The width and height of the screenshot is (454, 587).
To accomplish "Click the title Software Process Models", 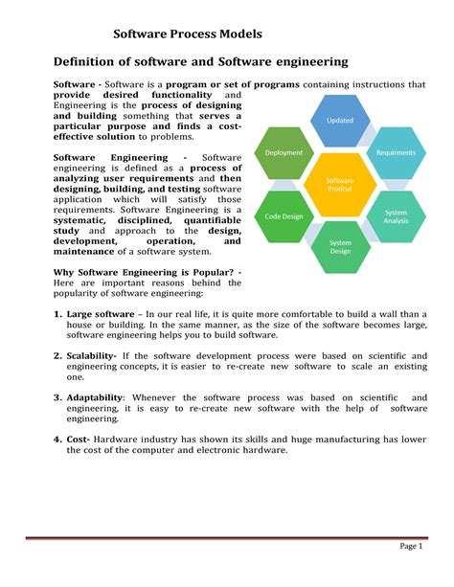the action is [x=188, y=34].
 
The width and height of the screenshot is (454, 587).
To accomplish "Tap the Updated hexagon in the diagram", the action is [x=340, y=121].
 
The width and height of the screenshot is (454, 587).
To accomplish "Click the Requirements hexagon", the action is [x=396, y=152].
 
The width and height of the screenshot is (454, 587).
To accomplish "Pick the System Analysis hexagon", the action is [x=396, y=216].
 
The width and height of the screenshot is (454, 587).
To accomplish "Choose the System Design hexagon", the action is [x=340, y=247].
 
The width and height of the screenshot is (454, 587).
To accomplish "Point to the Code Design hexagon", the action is [x=284, y=216].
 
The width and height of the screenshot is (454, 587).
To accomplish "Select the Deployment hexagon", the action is [x=284, y=152].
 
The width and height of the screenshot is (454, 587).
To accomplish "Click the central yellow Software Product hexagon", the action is [x=340, y=184].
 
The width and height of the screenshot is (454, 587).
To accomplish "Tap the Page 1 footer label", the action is [x=410, y=546].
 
